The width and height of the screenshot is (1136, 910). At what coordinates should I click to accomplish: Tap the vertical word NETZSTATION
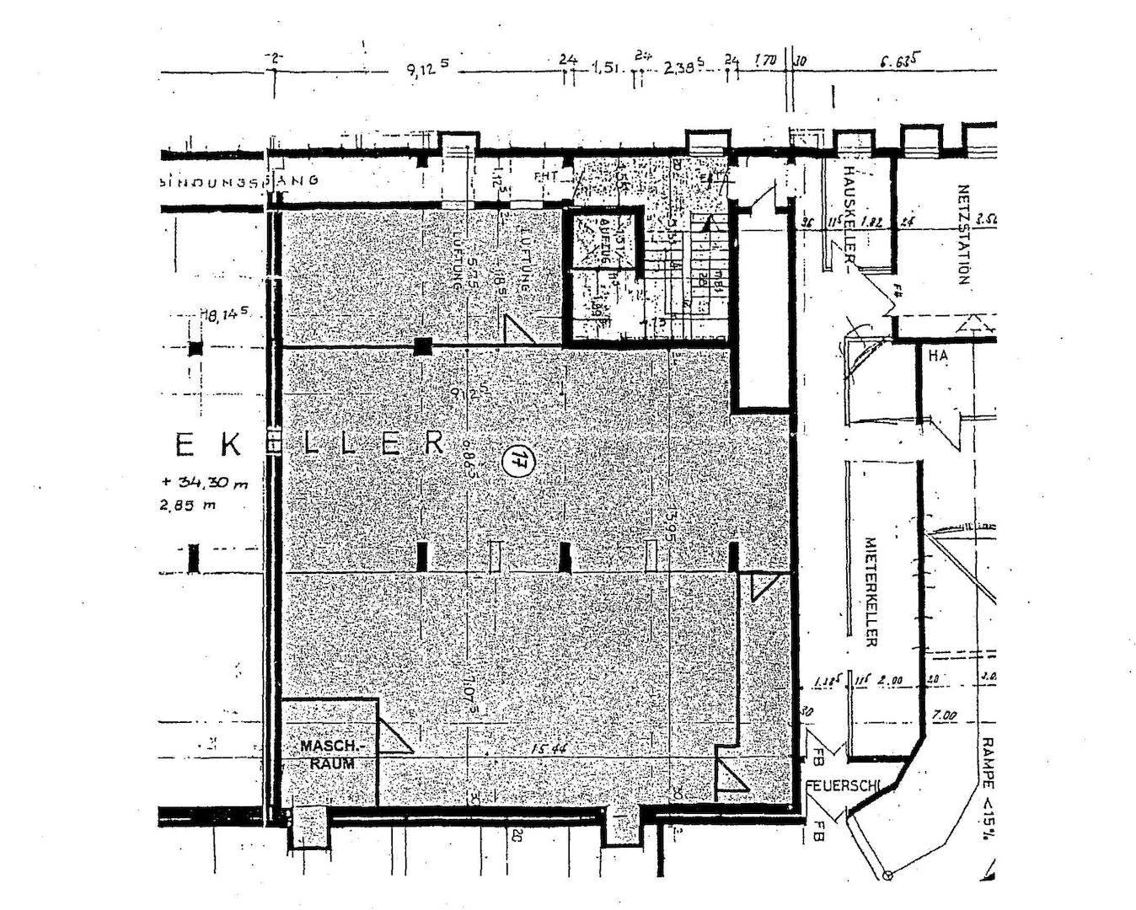tap(964, 235)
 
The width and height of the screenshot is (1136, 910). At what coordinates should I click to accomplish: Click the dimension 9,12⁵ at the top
tap(428, 68)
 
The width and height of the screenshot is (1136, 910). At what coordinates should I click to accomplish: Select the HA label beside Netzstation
tap(938, 356)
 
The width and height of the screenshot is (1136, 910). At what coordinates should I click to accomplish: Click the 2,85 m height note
tap(186, 506)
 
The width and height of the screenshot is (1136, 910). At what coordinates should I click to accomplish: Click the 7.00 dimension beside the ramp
tap(945, 715)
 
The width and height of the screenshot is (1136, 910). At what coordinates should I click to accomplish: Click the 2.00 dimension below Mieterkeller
tap(889, 680)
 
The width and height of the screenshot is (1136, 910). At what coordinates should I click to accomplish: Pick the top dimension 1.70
tap(765, 61)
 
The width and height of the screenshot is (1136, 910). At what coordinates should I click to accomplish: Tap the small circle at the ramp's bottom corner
tap(887, 875)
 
